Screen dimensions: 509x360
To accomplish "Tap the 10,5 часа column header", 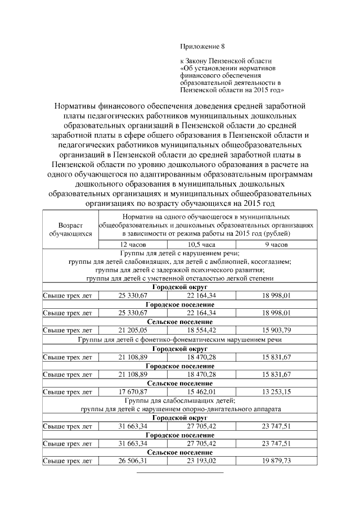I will tap(201, 245).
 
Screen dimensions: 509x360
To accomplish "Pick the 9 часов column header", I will tap(276, 245).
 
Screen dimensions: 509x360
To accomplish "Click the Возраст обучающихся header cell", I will tap(70, 228).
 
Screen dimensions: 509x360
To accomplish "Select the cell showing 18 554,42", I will tap(201, 330).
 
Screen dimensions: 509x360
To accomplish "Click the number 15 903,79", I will tap(276, 330).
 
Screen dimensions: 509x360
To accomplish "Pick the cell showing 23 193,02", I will tap(201, 461).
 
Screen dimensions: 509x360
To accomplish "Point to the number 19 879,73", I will tap(276, 461).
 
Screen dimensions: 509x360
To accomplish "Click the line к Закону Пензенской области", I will tap(226, 60).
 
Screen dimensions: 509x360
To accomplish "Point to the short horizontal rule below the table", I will tap(180, 473).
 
